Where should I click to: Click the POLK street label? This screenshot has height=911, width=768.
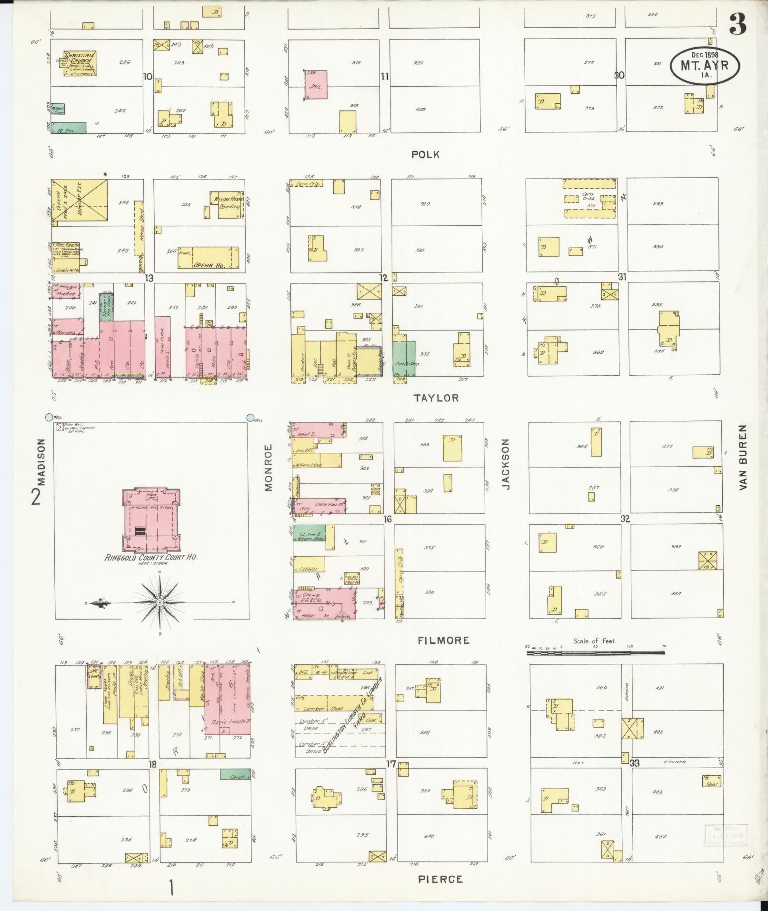tap(426, 154)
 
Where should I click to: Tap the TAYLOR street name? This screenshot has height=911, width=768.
tap(436, 398)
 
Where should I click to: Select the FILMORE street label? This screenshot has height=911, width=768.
tap(443, 641)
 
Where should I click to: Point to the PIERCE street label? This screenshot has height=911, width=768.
tap(440, 879)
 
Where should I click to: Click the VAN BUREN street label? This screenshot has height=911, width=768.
tap(743, 458)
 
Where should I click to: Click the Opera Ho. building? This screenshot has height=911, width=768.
tap(208, 258)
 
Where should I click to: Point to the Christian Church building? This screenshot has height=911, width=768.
tap(80, 63)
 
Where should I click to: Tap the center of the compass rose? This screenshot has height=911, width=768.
tap(160, 603)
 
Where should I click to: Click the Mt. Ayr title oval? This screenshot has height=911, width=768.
tap(705, 65)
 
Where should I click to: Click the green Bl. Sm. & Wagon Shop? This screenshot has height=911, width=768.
tap(309, 533)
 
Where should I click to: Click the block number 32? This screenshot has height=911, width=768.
tap(625, 519)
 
